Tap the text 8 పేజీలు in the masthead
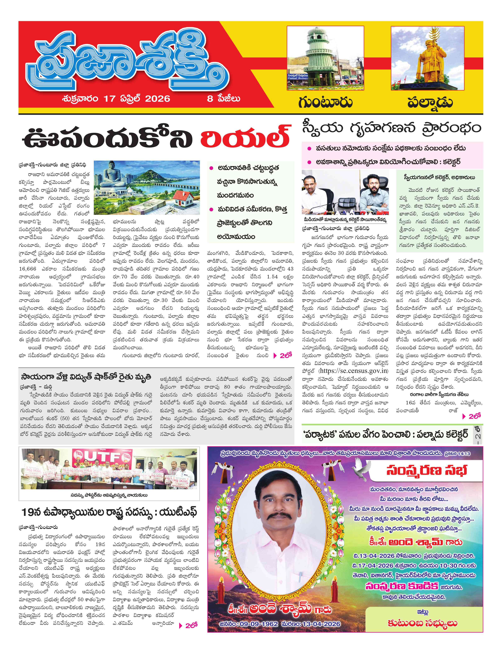(x=223, y=99)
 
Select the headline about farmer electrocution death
(x=86, y=377)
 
